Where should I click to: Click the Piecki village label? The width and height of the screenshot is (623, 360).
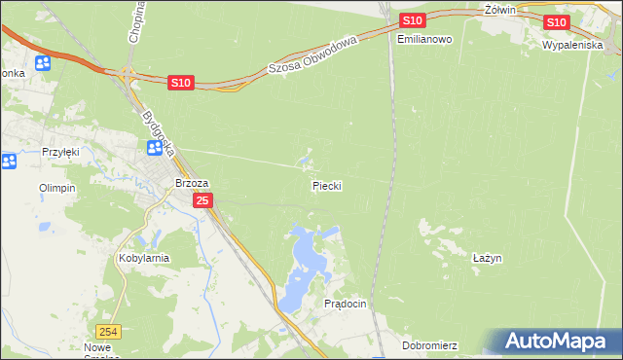click(x=327, y=185)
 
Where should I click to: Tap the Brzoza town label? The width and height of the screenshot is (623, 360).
click(x=191, y=182)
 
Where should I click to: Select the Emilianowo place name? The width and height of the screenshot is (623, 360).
click(x=425, y=39)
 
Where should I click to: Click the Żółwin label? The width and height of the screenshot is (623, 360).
click(x=498, y=9)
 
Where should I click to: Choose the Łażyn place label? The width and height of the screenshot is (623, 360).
click(x=487, y=258)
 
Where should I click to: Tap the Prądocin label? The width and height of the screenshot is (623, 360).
click(x=345, y=304)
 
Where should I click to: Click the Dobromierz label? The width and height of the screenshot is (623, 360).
click(x=429, y=345)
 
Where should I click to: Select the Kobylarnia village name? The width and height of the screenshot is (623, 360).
click(x=144, y=258)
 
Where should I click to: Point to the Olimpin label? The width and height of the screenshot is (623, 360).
click(x=56, y=188)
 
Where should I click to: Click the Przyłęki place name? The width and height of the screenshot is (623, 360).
click(x=60, y=152)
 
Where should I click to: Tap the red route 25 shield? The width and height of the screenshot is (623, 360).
click(x=202, y=200)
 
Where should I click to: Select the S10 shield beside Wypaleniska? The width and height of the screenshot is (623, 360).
click(x=556, y=22)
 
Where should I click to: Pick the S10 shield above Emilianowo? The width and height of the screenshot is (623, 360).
click(x=412, y=20)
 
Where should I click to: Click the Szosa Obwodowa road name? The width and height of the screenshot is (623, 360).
click(x=313, y=55)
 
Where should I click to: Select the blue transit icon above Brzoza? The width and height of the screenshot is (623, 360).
click(x=155, y=148)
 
